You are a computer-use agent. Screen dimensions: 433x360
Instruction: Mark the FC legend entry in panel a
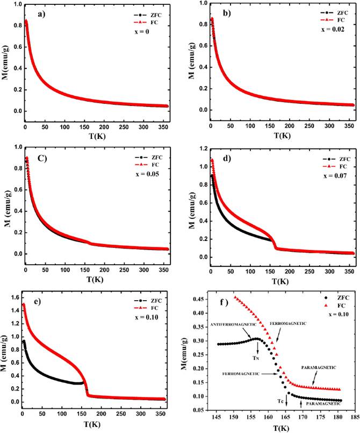[147, 23]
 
